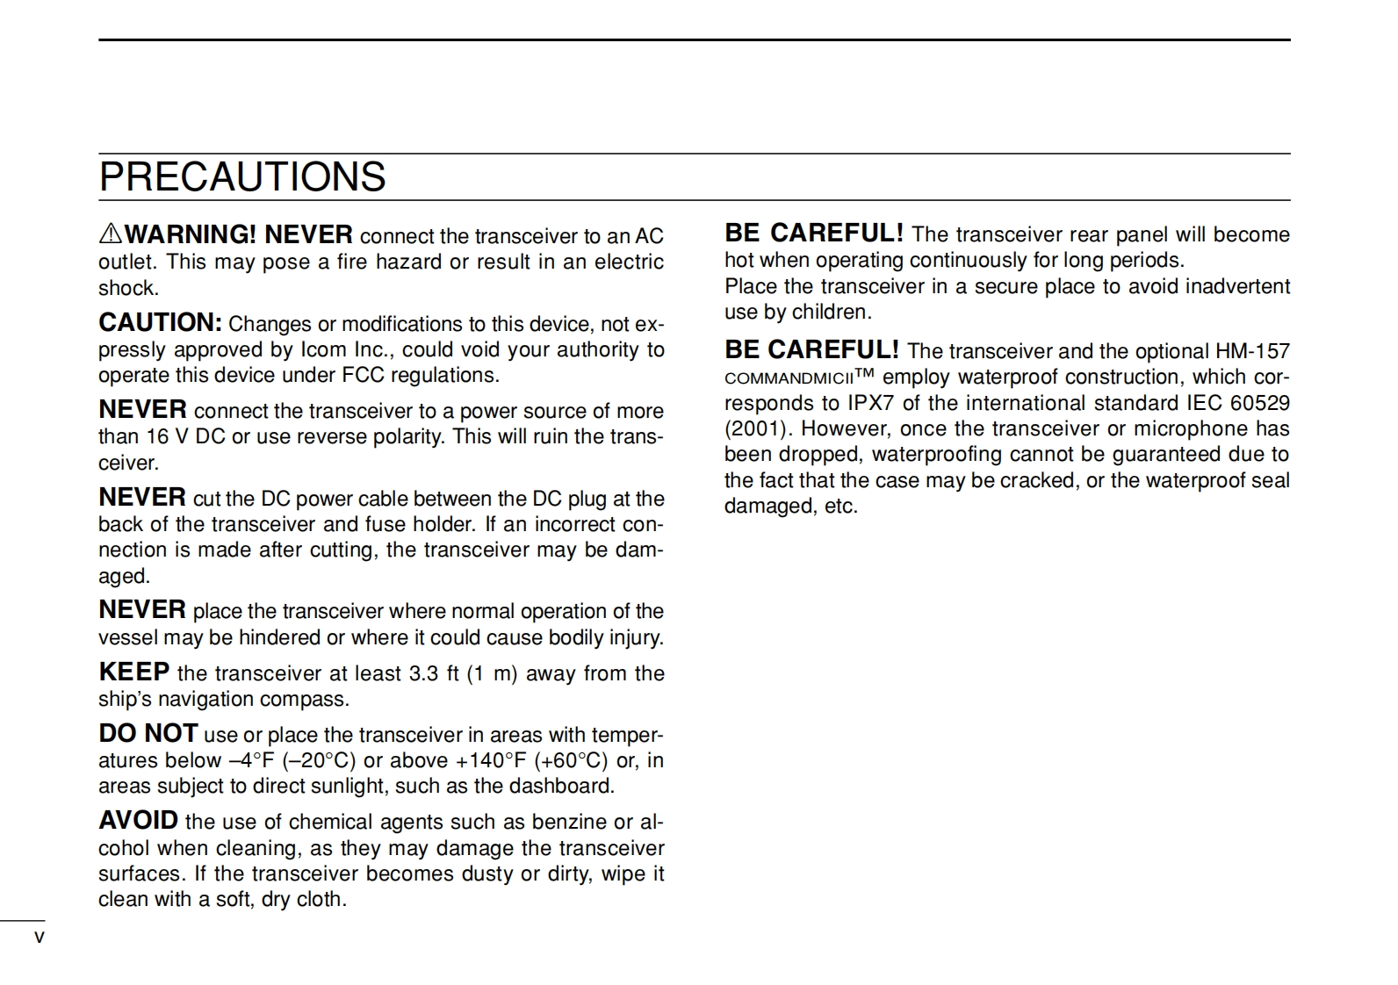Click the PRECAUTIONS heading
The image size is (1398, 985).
[242, 177]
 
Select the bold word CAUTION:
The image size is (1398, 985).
[160, 323]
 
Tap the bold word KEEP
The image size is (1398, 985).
[133, 672]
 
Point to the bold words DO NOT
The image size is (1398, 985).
[148, 734]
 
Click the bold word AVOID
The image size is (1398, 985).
[138, 821]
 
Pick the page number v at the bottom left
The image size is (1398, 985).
[39, 938]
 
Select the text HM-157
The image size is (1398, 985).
[1252, 351]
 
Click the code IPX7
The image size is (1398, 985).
[870, 403]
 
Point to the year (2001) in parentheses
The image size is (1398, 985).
[756, 428]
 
